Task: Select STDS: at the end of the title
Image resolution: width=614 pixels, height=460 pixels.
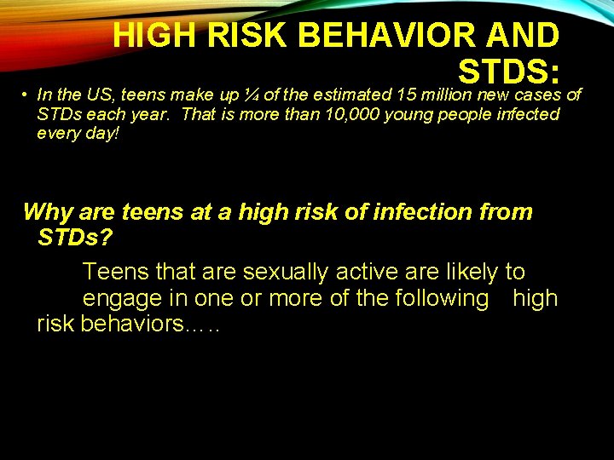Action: (508, 72)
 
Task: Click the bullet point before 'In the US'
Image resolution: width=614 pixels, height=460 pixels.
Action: (27, 95)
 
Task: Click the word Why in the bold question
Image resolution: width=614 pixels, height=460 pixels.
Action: (47, 211)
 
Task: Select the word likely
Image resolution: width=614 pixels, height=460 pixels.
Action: (464, 273)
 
